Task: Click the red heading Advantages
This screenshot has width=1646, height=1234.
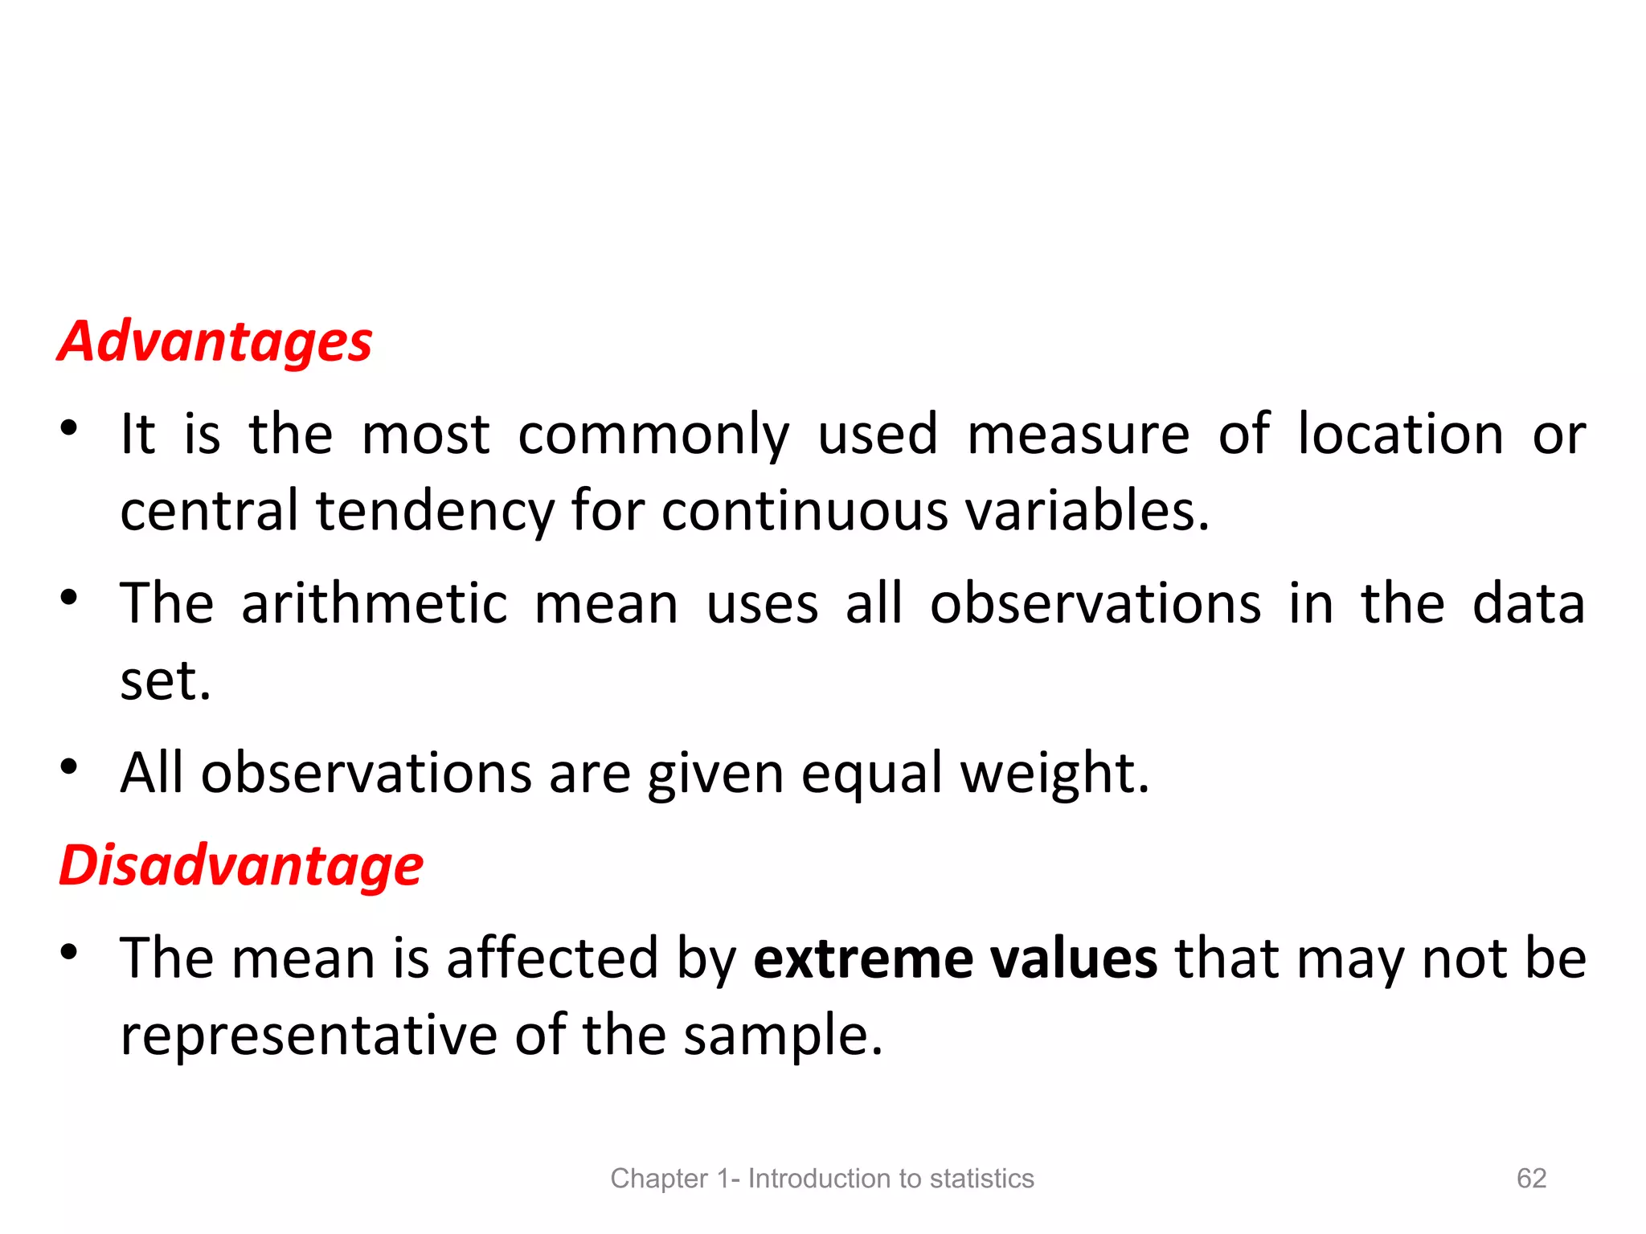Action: tap(215, 342)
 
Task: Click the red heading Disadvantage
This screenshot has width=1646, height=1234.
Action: tap(241, 866)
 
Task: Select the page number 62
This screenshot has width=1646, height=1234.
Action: tap(1531, 1178)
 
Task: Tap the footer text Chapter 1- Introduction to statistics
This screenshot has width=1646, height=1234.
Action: tap(821, 1179)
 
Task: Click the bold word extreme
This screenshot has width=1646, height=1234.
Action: tap(862, 958)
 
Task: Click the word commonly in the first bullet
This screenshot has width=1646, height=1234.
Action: tap(653, 436)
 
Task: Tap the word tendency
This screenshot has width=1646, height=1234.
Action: tap(435, 512)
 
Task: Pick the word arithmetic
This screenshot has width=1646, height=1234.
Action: tap(375, 603)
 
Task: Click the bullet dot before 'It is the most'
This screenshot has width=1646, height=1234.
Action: tap(69, 428)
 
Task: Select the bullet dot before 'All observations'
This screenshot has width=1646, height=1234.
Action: tap(69, 766)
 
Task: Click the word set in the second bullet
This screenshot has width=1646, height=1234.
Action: tap(164, 681)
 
